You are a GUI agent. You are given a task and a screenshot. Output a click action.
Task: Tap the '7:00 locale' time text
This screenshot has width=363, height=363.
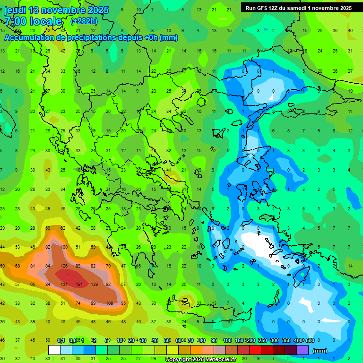pyautogui.click(x=33, y=21)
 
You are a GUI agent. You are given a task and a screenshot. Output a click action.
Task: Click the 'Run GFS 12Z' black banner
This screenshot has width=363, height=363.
pyautogui.click(x=298, y=8)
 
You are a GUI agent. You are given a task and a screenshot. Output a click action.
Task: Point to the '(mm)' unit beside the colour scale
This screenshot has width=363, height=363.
pyautogui.click(x=320, y=351)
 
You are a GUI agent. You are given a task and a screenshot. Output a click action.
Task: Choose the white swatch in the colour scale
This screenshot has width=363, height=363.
pyautogui.click(x=54, y=350)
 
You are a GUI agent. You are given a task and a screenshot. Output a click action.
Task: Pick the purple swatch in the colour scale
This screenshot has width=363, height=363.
pyautogui.click(x=302, y=350)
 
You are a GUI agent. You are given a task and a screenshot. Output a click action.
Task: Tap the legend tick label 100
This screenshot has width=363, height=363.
pyautogui.click(x=227, y=340)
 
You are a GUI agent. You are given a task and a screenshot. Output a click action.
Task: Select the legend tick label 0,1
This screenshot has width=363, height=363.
pyautogui.click(x=61, y=340)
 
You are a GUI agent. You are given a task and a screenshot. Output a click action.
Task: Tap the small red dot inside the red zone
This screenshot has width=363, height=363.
pyautogui.click(x=68, y=274)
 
